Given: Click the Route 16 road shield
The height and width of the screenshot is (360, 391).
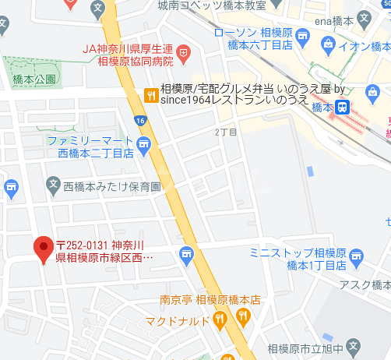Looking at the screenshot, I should (140, 120).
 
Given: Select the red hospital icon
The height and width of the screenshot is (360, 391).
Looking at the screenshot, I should (184, 54).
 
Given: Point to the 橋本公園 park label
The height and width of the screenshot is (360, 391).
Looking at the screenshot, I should (34, 80).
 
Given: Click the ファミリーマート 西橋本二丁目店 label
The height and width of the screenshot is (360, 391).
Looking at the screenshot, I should (89, 146).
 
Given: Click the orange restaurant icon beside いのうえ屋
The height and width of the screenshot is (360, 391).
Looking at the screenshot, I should (150, 96).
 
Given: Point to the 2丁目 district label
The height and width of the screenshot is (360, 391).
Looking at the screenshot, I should (225, 132).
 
